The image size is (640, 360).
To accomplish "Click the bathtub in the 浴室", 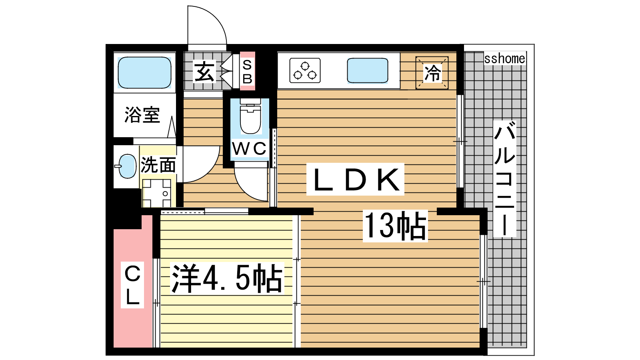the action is pos(144,72).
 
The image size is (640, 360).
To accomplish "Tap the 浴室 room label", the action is pos(142,115).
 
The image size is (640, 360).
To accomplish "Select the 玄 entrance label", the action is pos(204,72).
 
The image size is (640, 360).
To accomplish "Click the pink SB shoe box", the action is pos(248,71).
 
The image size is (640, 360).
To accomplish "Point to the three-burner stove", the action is pos(305,70).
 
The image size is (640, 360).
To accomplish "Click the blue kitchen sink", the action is pos(368,70).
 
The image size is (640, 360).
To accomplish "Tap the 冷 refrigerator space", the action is pos(432,72).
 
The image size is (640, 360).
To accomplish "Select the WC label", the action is pos(249,148).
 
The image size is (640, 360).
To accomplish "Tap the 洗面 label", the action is pos(158,165).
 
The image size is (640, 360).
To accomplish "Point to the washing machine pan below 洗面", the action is pos(156,193).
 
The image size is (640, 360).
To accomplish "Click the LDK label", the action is pos(356,180).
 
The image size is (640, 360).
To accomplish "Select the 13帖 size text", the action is pos(396,226).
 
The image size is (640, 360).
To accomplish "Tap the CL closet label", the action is pos(132,285).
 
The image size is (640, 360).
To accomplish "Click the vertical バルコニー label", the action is pos(504,178).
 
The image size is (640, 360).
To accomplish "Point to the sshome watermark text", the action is pos(504,58).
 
